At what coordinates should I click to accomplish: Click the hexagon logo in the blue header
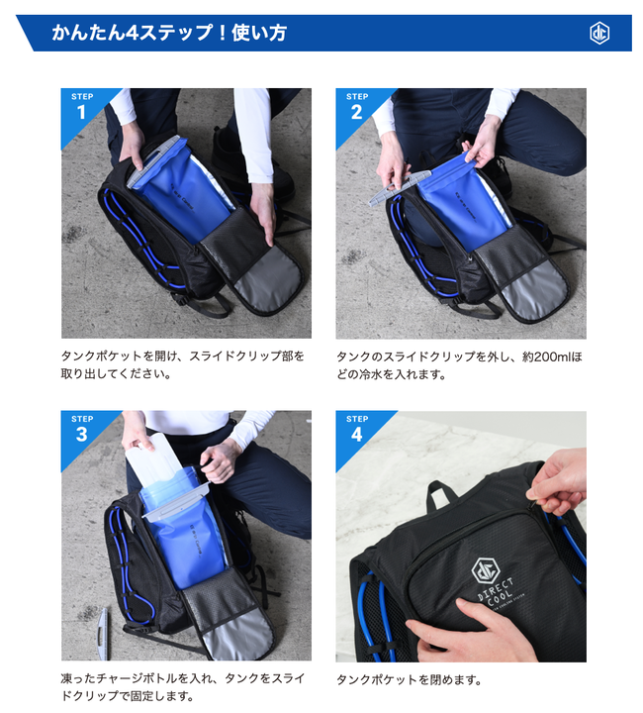coord(598,34)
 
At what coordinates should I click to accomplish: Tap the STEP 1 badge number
coord(82,112)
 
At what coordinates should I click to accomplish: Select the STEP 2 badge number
coord(356,112)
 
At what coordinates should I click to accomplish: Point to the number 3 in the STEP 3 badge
coord(82,435)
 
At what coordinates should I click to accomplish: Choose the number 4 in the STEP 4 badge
coord(356,435)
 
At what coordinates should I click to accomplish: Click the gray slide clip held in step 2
coord(399,187)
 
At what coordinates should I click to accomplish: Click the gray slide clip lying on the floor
coord(104,634)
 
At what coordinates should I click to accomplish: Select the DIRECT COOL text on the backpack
coord(497,594)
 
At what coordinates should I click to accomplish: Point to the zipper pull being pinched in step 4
coord(532,496)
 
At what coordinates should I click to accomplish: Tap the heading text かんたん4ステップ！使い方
coord(169,33)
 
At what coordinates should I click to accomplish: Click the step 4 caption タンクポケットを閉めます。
coord(409,679)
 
